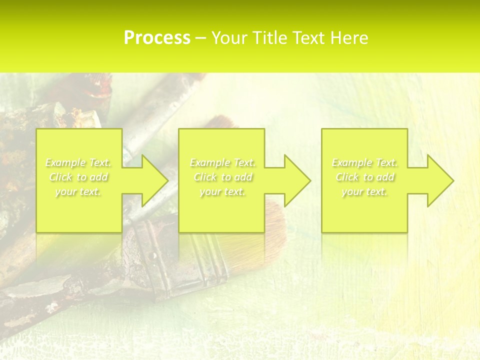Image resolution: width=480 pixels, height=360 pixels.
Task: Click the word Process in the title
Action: click(157, 38)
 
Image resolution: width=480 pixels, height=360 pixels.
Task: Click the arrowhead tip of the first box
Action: click(167, 180)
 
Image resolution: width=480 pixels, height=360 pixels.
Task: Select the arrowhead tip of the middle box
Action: click(310, 180)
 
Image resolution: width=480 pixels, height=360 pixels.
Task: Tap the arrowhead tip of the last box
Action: click(453, 180)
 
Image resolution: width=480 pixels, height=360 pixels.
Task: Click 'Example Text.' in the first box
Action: click(78, 162)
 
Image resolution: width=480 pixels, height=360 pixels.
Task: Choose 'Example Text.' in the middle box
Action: click(222, 162)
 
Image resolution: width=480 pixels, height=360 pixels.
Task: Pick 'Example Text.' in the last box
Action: click(364, 162)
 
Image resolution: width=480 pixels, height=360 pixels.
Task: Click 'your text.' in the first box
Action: click(78, 191)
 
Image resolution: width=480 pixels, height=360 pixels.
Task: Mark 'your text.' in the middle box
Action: click(222, 191)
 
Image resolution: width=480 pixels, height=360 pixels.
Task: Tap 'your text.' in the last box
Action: click(364, 191)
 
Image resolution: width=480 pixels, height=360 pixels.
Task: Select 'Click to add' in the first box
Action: click(78, 177)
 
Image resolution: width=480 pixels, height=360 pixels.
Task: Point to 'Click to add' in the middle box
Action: click(222, 177)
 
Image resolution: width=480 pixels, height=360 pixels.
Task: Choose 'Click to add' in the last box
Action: click(364, 177)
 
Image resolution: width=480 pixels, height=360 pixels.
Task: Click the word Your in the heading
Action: click(230, 38)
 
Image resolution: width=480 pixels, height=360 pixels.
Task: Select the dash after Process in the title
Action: click(201, 38)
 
